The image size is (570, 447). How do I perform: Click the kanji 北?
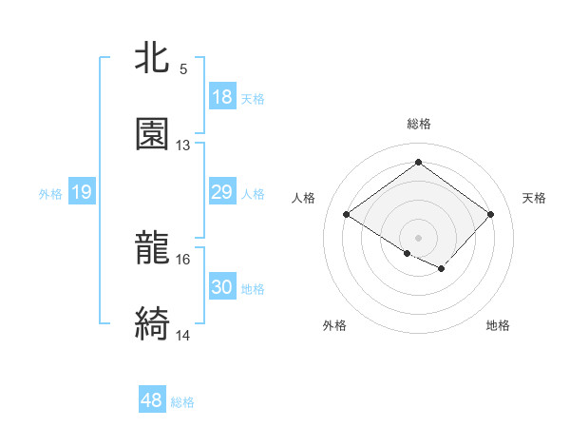[153, 58]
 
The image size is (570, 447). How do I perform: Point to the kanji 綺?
[153, 324]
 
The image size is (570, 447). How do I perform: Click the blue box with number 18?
[221, 96]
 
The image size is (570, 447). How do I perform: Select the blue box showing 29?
[221, 192]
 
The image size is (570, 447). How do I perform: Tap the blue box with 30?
[221, 287]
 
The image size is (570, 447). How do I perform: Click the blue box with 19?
[81, 192]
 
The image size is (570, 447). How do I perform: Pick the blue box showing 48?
[151, 401]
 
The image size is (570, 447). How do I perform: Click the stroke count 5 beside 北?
[183, 69]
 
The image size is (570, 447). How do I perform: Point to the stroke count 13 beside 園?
[183, 146]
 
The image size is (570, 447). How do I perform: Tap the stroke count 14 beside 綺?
[183, 336]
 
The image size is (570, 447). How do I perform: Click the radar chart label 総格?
[419, 124]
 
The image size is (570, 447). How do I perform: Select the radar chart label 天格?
[535, 198]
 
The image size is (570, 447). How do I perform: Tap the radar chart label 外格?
[334, 325]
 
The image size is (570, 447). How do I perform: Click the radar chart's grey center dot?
[418, 237]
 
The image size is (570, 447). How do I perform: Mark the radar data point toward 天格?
[490, 214]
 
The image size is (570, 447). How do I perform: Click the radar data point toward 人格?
[347, 214]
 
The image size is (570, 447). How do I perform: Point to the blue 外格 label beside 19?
[50, 193]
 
